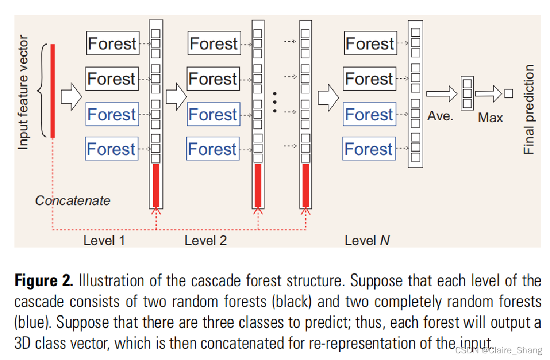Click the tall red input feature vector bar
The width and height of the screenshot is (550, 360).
click(x=53, y=91)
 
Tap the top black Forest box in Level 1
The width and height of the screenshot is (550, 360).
click(x=112, y=43)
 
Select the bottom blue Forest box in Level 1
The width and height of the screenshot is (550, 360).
click(x=112, y=149)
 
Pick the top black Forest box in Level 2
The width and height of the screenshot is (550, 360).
click(x=214, y=43)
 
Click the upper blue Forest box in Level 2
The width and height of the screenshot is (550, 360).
click(x=213, y=114)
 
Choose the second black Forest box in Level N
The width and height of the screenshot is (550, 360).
click(x=370, y=78)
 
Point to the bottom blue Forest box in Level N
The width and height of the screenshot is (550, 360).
click(x=369, y=149)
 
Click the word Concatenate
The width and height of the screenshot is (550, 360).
click(x=73, y=201)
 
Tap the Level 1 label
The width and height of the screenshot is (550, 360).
click(x=104, y=240)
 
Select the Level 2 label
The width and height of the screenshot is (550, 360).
click(x=206, y=240)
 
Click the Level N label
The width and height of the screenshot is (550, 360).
click(x=367, y=240)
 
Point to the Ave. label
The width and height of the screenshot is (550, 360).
click(x=440, y=116)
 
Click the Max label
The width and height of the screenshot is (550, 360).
click(x=490, y=118)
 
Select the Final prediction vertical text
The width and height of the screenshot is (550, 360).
click(x=528, y=109)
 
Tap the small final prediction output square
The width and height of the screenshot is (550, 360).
click(x=509, y=93)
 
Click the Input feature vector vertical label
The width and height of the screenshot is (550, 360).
click(x=23, y=92)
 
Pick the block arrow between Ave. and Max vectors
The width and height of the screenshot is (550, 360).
click(x=488, y=94)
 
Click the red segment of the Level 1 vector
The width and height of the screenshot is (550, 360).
click(x=156, y=185)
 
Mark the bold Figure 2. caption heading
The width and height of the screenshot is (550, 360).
click(x=44, y=281)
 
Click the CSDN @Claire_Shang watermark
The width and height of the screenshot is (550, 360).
click(x=499, y=350)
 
